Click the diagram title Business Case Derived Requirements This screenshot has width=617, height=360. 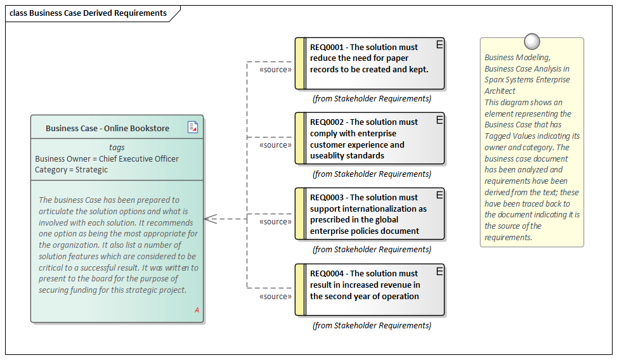coord(88,13)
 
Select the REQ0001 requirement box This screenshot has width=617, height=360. coord(370,63)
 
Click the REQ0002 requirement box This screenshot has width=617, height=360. coord(370,139)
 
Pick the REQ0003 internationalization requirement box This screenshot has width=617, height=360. coord(370,214)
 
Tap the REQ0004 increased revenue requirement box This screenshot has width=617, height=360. coord(370,290)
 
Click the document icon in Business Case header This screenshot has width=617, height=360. coord(193,127)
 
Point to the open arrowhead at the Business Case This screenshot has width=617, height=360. coord(211,219)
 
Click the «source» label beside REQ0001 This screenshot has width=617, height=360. coord(276,70)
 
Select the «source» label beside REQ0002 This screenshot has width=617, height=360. coord(276,145)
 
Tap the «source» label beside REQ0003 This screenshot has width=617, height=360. coord(276,222)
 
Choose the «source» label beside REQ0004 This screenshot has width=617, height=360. coord(276,296)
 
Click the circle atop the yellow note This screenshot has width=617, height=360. coord(531,42)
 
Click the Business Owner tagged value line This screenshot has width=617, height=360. coord(107,159)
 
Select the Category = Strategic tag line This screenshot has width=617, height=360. coord(72,170)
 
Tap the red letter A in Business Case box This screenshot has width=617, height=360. coord(197,310)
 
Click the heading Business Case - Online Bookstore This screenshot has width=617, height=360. coord(107,128)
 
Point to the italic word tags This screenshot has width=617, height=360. coord(117,148)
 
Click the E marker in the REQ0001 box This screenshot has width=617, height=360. coord(439,44)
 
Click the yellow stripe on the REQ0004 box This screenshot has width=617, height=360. coord(300,290)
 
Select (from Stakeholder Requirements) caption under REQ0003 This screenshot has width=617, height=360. coord(372,250)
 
